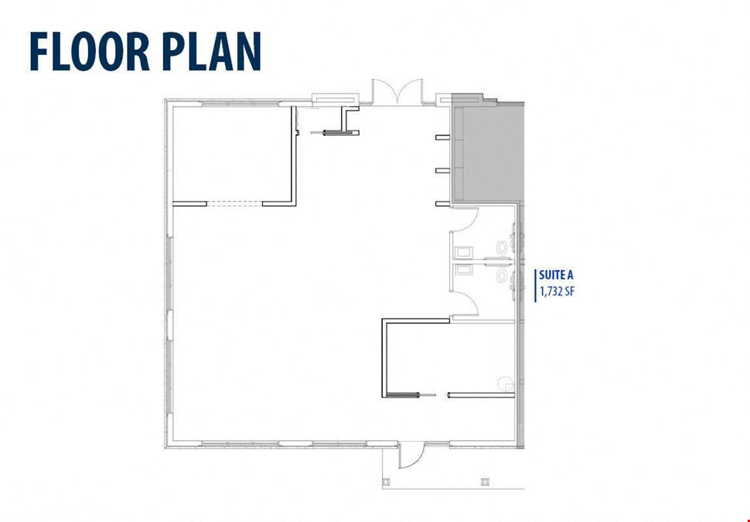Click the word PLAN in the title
coord(211,51)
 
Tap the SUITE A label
coord(556,275)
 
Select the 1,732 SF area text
coord(557,291)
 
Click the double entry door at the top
coord(397,91)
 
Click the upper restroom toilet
coord(502,247)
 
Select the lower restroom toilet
coord(502,275)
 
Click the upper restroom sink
coord(464,252)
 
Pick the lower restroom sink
coord(464,270)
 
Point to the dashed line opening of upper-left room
coord(234,204)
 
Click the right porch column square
coord(485,480)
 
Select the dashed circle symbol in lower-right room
coord(505,384)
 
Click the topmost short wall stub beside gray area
coord(443,138)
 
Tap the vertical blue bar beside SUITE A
coord(535,285)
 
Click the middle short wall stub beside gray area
coord(443,170)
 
